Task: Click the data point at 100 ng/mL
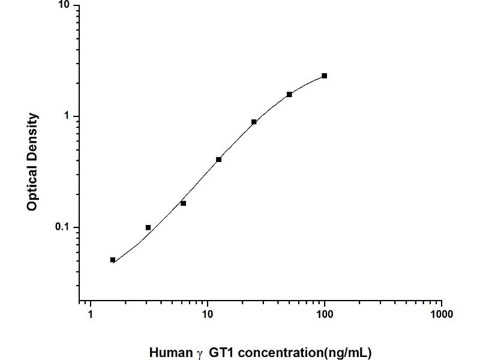click(x=325, y=76)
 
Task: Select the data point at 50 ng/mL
click(x=289, y=94)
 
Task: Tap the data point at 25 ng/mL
click(x=254, y=122)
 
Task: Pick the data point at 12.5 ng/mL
click(x=219, y=159)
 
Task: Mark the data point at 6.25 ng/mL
click(x=184, y=203)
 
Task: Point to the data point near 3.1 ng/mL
click(x=148, y=227)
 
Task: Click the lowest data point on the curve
click(x=113, y=260)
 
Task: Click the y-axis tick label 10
click(x=64, y=6)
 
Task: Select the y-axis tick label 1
click(x=67, y=116)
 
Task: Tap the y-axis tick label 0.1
click(x=62, y=227)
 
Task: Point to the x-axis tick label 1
click(x=91, y=314)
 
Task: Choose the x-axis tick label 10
click(x=208, y=314)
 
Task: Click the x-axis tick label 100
click(x=325, y=314)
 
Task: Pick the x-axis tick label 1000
click(x=442, y=314)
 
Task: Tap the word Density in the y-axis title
click(x=33, y=136)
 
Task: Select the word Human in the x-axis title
click(x=170, y=353)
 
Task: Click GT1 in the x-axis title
click(x=222, y=353)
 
